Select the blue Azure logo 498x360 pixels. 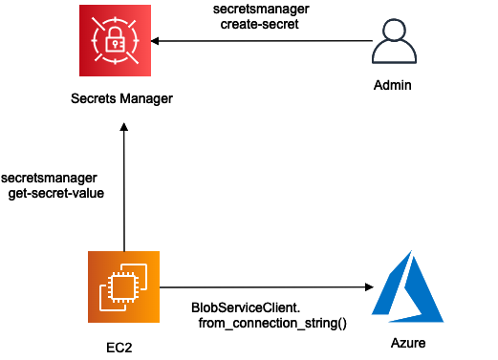[x=408, y=286]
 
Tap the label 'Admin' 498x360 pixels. [x=393, y=85]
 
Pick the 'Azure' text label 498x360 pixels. [x=408, y=343]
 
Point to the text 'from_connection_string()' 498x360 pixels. [x=272, y=324]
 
